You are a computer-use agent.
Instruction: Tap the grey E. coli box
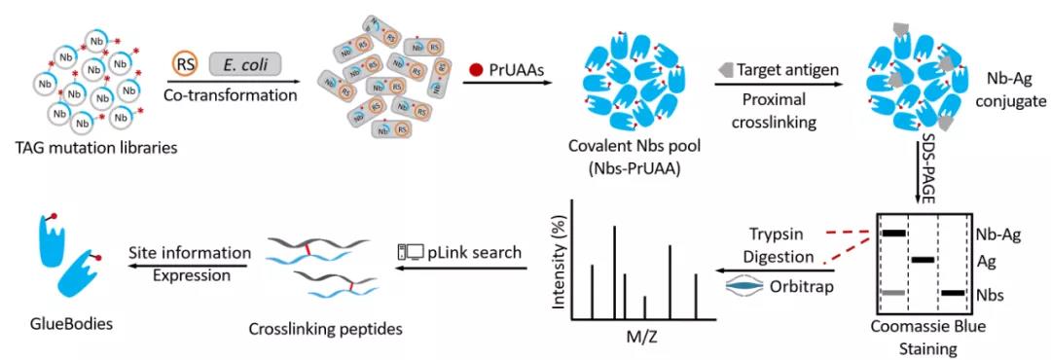pos(245,64)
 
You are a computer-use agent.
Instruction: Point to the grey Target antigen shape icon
pos(725,69)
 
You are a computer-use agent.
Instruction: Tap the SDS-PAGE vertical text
pos(928,164)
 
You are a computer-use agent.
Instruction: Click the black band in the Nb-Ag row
pos(893,234)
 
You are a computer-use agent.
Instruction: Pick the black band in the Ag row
pos(923,260)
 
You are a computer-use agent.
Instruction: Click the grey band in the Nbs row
pos(893,293)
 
